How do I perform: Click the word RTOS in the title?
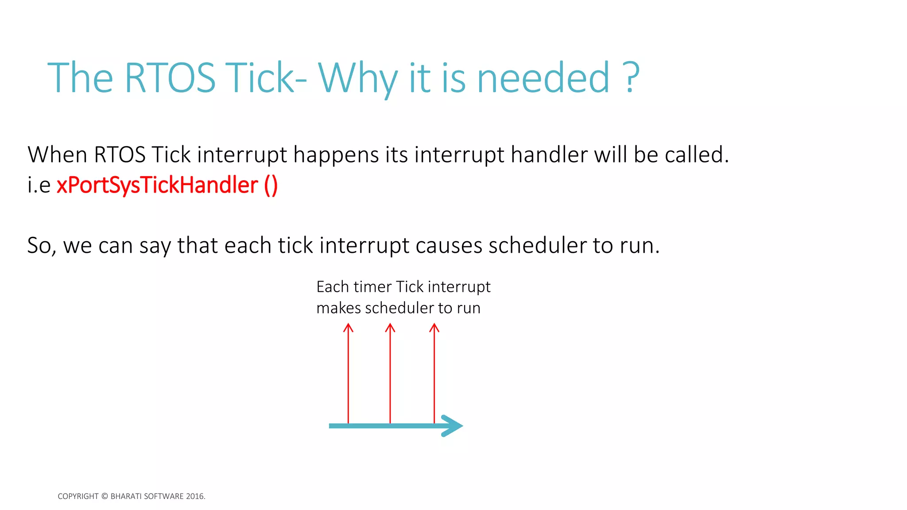[170, 78]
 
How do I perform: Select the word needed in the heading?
[543, 78]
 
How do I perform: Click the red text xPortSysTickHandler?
[157, 185]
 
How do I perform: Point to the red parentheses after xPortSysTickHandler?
[271, 185]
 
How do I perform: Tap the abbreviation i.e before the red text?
[39, 185]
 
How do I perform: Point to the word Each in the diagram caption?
[333, 287]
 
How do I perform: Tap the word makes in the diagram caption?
[338, 308]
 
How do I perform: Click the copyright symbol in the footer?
[105, 496]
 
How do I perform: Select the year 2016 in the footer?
[195, 496]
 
